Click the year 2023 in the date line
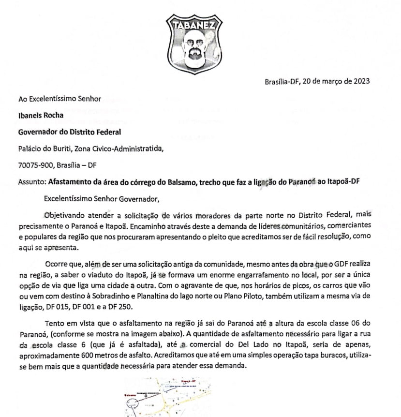coord(360,81)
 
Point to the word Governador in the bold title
coord(39,132)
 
